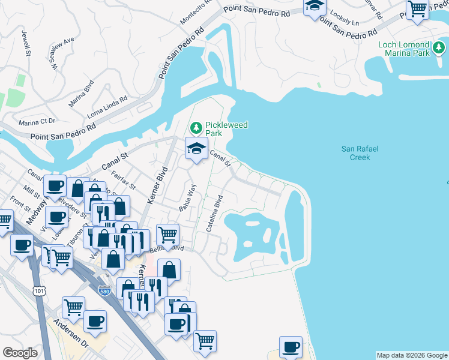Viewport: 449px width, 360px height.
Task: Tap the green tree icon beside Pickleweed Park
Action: [x=196, y=128]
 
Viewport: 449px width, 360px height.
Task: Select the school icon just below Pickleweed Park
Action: [x=196, y=149]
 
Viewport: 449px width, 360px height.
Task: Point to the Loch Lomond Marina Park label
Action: [x=404, y=49]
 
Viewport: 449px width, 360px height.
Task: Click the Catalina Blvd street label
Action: [x=215, y=213]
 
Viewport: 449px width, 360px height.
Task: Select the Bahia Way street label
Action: [x=188, y=198]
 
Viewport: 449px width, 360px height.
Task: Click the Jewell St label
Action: [x=27, y=44]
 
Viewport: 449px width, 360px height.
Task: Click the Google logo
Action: [x=20, y=353]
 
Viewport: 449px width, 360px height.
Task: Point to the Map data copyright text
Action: [x=412, y=355]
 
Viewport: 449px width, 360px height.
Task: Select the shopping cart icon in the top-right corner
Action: [x=417, y=9]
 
